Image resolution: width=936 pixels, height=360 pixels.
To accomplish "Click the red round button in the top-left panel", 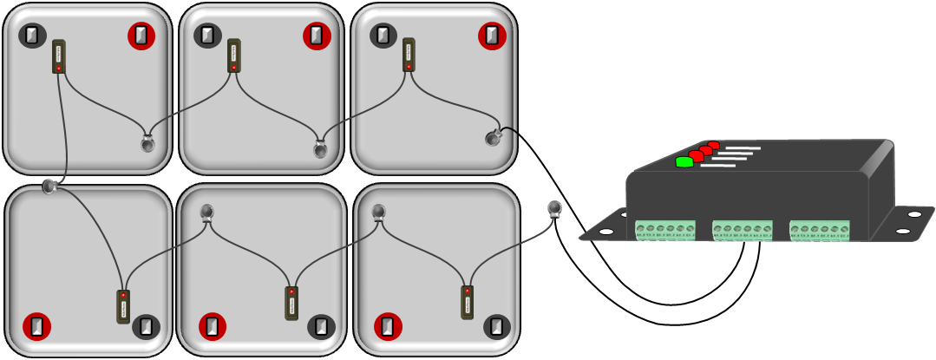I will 141,36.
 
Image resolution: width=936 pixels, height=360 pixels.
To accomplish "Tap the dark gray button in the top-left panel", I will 32,36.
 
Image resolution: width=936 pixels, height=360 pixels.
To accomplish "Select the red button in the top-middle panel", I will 317,36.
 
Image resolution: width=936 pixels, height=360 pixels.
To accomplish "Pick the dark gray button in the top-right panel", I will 383,36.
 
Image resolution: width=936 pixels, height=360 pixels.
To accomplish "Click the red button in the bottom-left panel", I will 36,326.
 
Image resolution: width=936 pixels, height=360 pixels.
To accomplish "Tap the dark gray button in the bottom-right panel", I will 496,326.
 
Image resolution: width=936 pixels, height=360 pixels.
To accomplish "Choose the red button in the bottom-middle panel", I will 213,326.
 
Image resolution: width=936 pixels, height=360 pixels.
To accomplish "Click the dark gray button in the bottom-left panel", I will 146,326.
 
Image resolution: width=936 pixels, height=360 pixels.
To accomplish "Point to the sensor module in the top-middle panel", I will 234,56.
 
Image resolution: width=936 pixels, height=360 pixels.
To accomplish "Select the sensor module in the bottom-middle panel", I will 291,302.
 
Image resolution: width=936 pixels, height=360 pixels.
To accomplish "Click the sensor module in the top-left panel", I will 59,56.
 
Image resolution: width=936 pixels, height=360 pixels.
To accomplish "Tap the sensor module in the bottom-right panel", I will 468,302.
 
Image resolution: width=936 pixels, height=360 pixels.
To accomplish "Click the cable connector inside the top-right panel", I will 494,137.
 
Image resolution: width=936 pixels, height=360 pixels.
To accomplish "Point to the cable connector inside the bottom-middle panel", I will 206,212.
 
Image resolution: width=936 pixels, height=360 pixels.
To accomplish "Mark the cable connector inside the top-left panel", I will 147,143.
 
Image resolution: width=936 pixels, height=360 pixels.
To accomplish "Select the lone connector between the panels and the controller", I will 555,209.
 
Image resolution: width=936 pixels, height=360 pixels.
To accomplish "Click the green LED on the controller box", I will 684,161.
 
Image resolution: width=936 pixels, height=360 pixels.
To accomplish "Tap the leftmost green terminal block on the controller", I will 665,230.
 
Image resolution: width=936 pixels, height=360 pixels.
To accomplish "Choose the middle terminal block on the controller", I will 742,230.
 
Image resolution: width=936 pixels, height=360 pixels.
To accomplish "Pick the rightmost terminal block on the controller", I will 819,230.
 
